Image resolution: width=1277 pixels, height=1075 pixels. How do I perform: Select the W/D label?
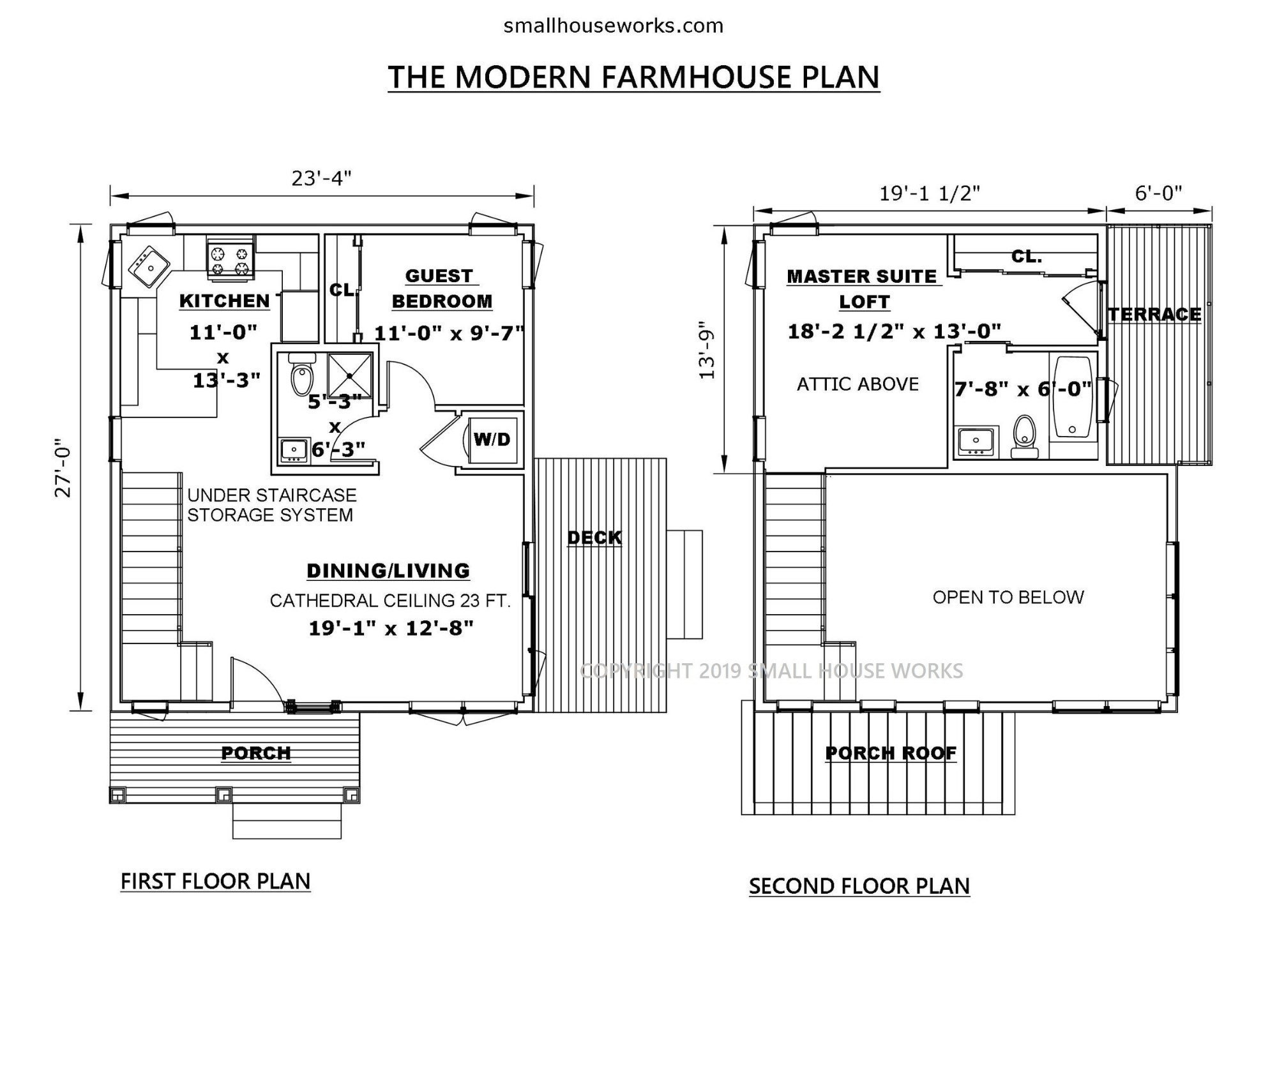tap(492, 439)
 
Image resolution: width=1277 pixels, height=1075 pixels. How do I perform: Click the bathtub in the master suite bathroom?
tap(1073, 396)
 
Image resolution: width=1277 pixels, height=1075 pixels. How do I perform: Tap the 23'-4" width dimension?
tap(322, 178)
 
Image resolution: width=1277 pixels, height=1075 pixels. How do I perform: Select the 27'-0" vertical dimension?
tap(63, 467)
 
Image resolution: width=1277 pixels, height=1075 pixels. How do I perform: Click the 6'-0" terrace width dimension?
tap(1158, 193)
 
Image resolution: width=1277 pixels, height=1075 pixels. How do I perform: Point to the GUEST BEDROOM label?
tap(441, 289)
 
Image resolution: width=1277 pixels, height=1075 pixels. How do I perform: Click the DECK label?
tap(594, 537)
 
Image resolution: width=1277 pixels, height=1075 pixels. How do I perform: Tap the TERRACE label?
tap(1154, 314)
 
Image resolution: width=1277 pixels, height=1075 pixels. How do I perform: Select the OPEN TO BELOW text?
tap(1008, 598)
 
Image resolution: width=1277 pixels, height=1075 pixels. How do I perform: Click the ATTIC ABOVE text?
tap(858, 384)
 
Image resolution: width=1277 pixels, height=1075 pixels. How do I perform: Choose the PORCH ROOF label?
tap(891, 753)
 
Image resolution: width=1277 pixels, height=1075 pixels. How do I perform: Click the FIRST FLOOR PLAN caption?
tap(215, 882)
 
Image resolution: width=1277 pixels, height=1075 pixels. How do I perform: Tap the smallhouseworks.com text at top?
tap(613, 26)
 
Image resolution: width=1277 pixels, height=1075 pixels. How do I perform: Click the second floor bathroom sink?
tap(976, 441)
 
